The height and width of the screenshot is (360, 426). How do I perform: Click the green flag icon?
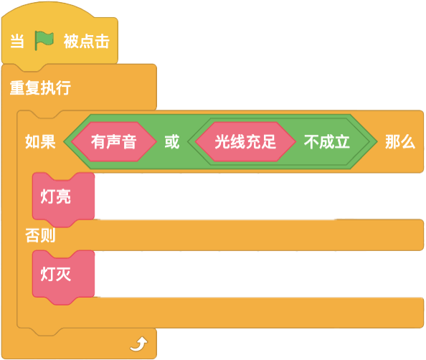click(44, 41)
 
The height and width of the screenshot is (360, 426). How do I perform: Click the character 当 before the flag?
click(16, 42)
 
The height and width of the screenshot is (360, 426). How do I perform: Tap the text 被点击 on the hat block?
click(86, 42)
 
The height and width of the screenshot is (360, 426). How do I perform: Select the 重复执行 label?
click(40, 87)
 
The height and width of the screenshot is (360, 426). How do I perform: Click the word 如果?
click(40, 141)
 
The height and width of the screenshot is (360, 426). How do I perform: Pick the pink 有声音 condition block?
click(114, 141)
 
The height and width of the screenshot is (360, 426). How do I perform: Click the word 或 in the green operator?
click(171, 141)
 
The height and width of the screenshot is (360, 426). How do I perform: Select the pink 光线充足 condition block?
click(245, 141)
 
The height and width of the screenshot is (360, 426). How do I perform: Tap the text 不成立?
click(326, 141)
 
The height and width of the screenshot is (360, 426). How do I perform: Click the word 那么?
click(400, 141)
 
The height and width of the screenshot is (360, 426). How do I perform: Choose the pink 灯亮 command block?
click(63, 199)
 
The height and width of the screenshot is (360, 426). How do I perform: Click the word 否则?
click(40, 235)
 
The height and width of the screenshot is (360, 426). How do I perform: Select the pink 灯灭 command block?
click(63, 278)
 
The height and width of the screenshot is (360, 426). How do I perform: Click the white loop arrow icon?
click(138, 344)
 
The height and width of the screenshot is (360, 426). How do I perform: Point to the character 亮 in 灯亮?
click(63, 196)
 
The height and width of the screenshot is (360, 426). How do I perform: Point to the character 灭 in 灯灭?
click(63, 274)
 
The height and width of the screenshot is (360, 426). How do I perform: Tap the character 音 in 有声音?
click(129, 141)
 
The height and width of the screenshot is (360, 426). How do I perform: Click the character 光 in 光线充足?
click(222, 141)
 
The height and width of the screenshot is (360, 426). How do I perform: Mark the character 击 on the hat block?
click(102, 42)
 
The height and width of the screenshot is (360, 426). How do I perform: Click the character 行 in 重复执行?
click(63, 87)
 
